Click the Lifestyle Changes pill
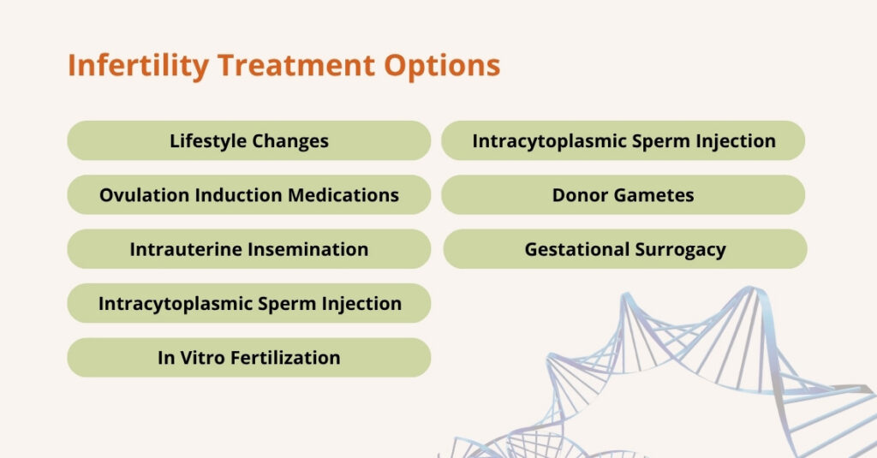click(x=248, y=141)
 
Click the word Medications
click(x=343, y=195)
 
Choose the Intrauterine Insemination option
click(x=248, y=250)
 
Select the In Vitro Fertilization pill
click(x=248, y=358)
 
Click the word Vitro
click(x=202, y=358)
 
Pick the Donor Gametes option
click(x=623, y=195)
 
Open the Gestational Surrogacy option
click(x=624, y=250)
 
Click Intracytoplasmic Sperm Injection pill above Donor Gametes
click(x=623, y=141)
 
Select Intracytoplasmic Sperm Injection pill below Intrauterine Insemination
click(x=248, y=304)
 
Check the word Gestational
click(x=576, y=250)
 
